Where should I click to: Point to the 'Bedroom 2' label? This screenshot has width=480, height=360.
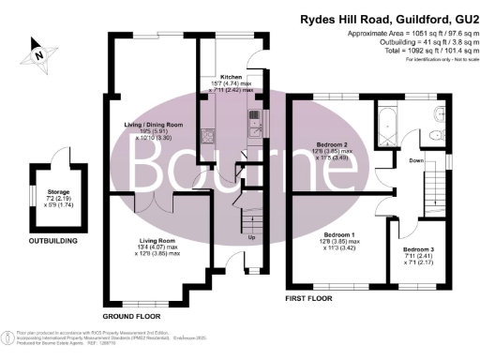[335, 145]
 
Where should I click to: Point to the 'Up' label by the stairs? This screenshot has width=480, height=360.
[250, 236]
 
